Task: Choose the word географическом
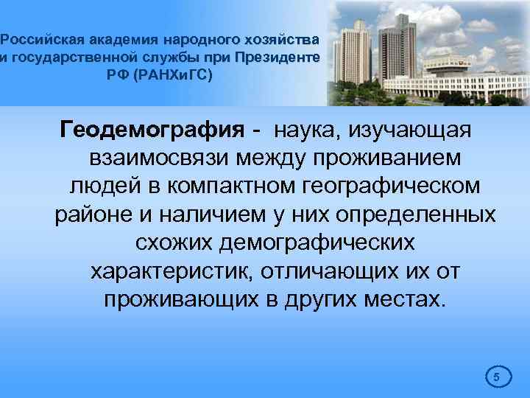coord(395,187)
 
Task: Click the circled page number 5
coord(496,377)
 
